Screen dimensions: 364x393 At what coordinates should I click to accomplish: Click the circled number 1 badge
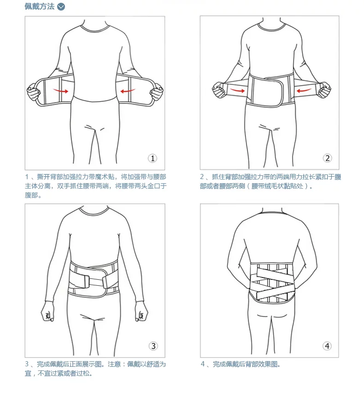click(x=153, y=158)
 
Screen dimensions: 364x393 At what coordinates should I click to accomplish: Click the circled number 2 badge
click(x=327, y=158)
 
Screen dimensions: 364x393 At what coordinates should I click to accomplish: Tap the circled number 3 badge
click(x=153, y=346)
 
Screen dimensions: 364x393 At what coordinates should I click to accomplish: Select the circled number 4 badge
click(x=327, y=346)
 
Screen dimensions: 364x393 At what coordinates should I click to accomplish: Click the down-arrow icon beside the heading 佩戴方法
click(x=61, y=6)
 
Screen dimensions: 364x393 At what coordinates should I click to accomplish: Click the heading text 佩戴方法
click(x=40, y=6)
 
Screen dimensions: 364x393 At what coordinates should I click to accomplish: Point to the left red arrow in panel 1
click(x=60, y=91)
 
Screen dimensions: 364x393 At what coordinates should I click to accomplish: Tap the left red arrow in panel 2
click(x=237, y=91)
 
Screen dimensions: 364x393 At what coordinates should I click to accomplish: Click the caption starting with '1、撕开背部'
click(x=95, y=186)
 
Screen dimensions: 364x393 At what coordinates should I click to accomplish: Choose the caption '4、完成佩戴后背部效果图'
click(x=241, y=364)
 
